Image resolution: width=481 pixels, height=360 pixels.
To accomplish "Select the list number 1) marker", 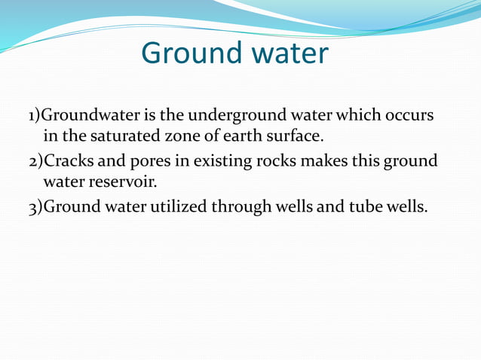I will (x=34, y=117).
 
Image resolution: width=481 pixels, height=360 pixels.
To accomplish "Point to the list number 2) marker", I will (x=35, y=162).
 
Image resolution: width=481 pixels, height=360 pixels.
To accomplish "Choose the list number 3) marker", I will (x=35, y=207).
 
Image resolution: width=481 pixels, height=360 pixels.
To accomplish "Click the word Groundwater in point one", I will (x=85, y=117).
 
